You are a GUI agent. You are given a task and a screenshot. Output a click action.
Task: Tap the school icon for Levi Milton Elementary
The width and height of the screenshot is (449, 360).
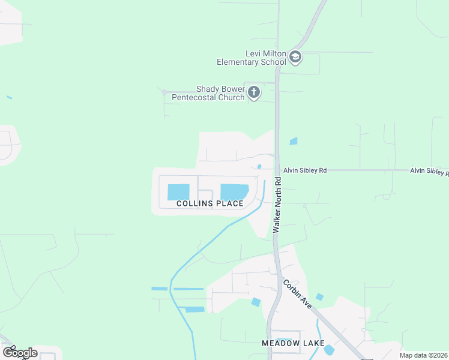pos(295,58)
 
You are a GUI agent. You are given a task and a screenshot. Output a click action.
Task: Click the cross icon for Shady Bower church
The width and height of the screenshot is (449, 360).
pos(254,92)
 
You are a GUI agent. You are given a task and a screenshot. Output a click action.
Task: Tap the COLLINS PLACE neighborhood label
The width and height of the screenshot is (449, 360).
pos(210,203)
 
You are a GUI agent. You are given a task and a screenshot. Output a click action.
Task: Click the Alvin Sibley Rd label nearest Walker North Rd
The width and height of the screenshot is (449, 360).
pos(305,171)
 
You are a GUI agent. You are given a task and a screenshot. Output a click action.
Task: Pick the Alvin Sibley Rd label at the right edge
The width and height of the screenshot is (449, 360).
pos(429,172)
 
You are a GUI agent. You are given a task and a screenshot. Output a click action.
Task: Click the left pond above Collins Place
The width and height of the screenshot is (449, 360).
pos(178,192)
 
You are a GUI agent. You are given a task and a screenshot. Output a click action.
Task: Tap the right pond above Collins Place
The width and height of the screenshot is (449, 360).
pos(234,192)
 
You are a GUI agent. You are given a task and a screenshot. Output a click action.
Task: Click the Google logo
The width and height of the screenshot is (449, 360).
pos(20,353)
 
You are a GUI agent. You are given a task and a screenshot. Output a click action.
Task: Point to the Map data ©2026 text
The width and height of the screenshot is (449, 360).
pos(423,355)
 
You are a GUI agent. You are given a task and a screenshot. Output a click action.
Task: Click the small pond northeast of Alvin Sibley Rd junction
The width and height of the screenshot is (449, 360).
pos(293,142)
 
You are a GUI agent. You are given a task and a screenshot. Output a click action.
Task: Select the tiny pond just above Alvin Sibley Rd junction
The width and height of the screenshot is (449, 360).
pos(259,166)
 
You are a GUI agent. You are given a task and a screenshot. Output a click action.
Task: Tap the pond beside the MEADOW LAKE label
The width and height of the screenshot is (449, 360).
pos(328,349)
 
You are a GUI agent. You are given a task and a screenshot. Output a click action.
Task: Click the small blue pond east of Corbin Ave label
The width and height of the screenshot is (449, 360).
pos(319,297)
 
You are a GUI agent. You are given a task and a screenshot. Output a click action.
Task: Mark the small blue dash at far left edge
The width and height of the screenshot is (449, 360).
pos(9,97)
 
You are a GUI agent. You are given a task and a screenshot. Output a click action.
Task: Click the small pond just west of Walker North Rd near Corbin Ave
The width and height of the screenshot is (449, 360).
pos(256,302)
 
